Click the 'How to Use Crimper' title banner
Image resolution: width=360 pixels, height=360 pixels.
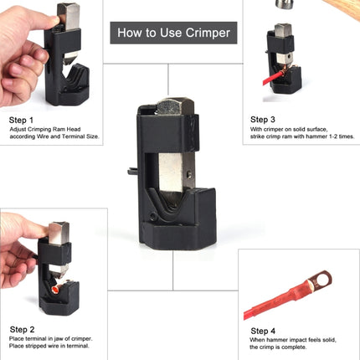coord(173,34)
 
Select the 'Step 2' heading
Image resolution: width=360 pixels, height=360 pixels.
coord(22,328)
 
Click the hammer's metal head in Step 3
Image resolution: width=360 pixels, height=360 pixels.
coord(285,3)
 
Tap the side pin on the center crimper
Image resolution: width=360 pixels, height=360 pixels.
coord(132,172)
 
